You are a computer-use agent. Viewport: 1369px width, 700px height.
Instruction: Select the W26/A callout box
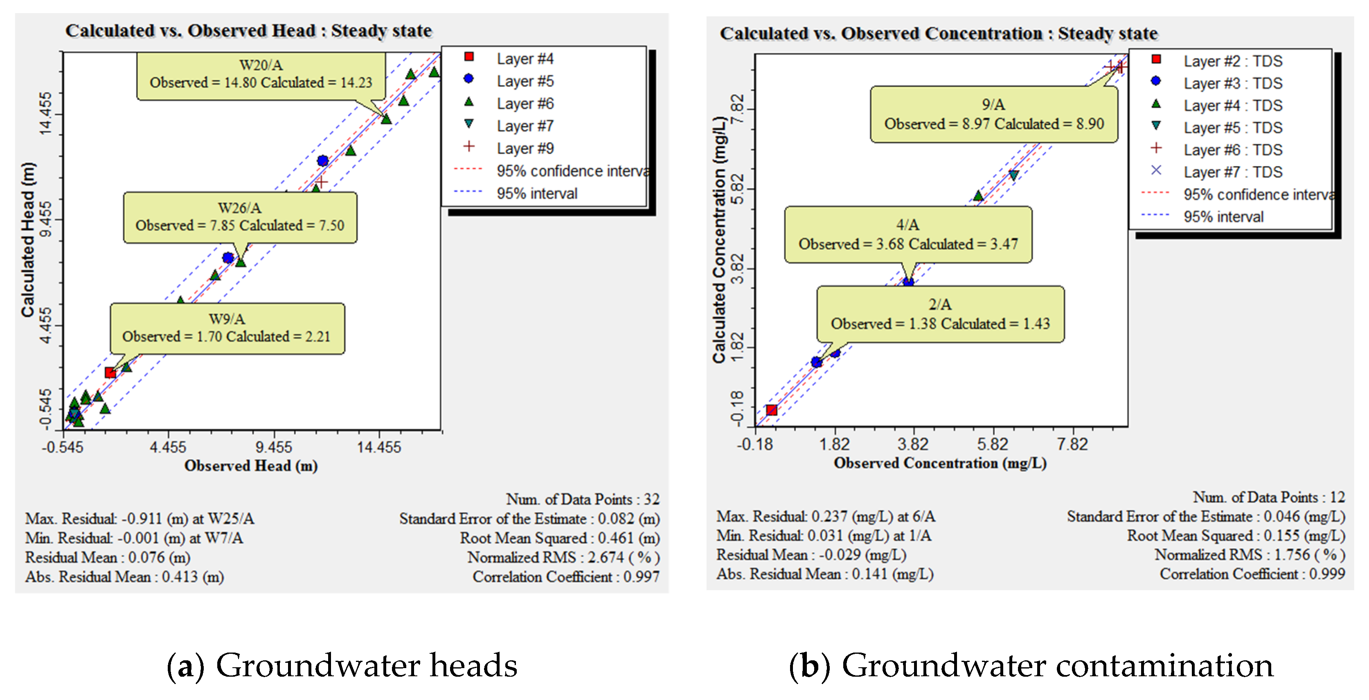coord(240,217)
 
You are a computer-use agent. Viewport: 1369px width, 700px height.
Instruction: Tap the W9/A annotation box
coord(227,328)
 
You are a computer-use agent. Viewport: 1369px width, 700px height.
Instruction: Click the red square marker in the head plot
coord(110,373)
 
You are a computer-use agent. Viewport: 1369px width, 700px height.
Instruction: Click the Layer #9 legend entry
coord(525,148)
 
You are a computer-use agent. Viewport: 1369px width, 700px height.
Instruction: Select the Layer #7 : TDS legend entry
coord(1232,172)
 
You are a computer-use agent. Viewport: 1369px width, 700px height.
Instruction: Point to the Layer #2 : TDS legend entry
coord(1232,61)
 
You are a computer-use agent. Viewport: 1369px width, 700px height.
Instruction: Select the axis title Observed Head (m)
coord(251,466)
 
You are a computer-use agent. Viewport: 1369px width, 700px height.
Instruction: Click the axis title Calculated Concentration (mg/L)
coord(719,240)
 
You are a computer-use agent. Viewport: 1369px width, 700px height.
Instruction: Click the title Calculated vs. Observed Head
coord(248,31)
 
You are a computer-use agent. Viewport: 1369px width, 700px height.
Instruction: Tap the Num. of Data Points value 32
coord(651,499)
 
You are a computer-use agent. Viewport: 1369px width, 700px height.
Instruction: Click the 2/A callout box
coord(940,314)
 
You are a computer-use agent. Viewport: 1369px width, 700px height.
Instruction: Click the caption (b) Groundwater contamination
coord(1031,666)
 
